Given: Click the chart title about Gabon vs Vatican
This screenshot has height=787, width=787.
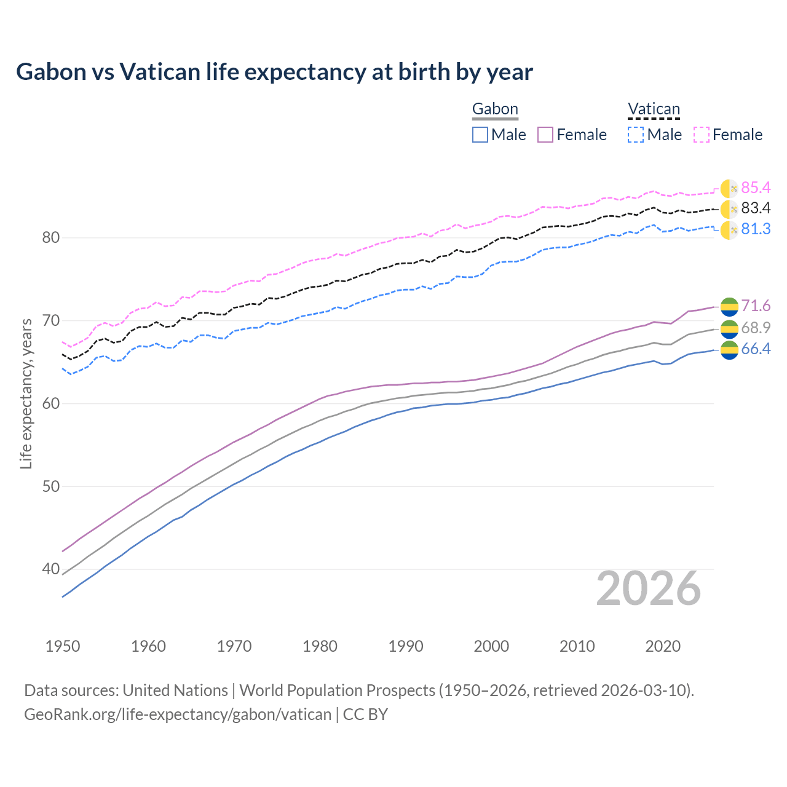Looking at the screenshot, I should (274, 72).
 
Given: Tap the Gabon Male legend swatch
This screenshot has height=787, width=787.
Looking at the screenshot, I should (480, 135).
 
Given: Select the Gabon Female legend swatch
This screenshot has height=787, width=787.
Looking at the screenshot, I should (545, 135).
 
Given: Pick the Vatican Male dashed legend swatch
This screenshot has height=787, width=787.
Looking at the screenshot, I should (636, 135).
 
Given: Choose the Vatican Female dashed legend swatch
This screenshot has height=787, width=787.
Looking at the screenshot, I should (702, 135).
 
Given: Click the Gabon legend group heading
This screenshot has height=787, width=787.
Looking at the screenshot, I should (495, 109).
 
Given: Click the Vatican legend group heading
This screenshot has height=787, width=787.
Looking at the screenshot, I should (654, 109).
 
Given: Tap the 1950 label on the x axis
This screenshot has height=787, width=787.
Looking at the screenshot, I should (63, 646).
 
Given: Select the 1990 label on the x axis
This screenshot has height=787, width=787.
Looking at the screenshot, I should (406, 646).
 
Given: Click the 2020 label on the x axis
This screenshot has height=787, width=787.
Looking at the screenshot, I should (663, 646).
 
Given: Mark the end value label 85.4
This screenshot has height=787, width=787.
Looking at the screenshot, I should (756, 188).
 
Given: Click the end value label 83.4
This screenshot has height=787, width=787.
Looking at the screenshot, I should (756, 208).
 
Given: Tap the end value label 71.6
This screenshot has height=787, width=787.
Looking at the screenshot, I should (756, 306).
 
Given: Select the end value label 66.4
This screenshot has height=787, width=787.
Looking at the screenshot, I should (756, 349).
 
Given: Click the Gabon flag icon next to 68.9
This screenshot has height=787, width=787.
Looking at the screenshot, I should (729, 329).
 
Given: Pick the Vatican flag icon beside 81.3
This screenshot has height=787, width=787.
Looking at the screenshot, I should (729, 231).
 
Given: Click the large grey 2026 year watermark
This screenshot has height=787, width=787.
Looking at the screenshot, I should (649, 589).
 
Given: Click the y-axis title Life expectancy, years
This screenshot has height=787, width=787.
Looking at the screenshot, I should (26, 393).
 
